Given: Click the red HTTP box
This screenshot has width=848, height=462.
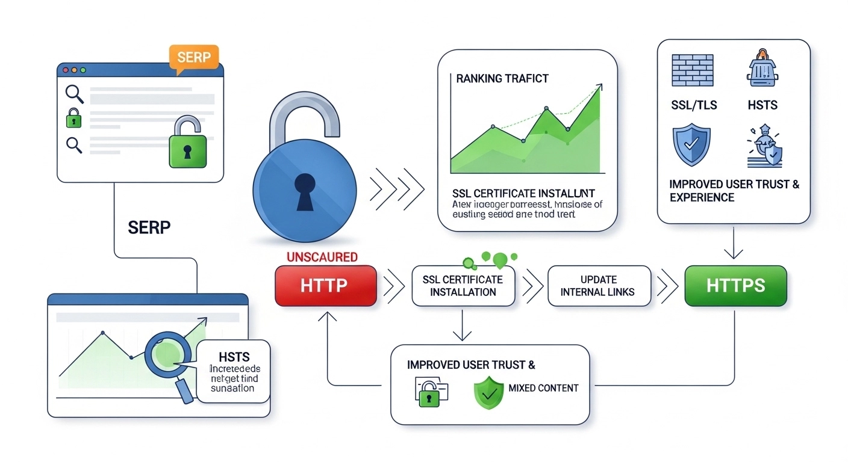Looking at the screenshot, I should [325, 285].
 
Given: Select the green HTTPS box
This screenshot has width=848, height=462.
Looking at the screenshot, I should [736, 285].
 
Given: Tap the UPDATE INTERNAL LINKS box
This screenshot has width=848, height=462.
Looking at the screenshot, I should [599, 286].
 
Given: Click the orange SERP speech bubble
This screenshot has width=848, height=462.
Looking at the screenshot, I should [194, 58].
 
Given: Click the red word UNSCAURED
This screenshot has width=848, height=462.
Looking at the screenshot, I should [322, 257].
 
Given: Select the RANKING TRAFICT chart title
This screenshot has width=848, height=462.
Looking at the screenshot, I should [502, 78].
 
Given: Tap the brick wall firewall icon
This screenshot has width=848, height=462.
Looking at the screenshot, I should [692, 71].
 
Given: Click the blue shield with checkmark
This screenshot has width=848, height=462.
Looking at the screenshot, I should [691, 144].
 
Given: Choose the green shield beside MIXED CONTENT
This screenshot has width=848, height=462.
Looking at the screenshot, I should [488, 392].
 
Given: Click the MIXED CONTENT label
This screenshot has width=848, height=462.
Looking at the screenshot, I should [543, 388].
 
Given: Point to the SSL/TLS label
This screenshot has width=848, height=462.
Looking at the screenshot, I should [694, 105].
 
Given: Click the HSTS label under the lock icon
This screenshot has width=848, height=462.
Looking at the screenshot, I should [762, 105].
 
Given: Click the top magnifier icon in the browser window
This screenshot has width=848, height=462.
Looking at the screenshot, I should [74, 94].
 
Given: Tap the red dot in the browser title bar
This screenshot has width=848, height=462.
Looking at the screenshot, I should [65, 70].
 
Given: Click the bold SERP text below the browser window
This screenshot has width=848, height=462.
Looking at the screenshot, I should [149, 227].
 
